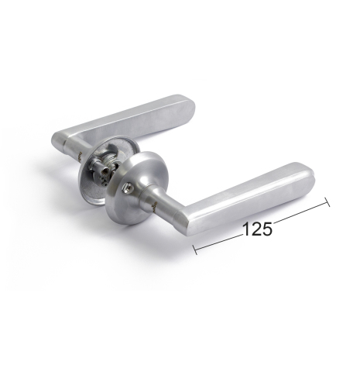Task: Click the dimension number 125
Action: tap(257, 229)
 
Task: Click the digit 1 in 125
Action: tap(246, 229)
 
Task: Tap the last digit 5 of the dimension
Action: tap(267, 229)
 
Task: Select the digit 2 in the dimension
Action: tap(256, 229)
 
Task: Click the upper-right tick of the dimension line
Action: tap(327, 202)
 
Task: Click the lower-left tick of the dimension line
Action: tap(195, 250)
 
